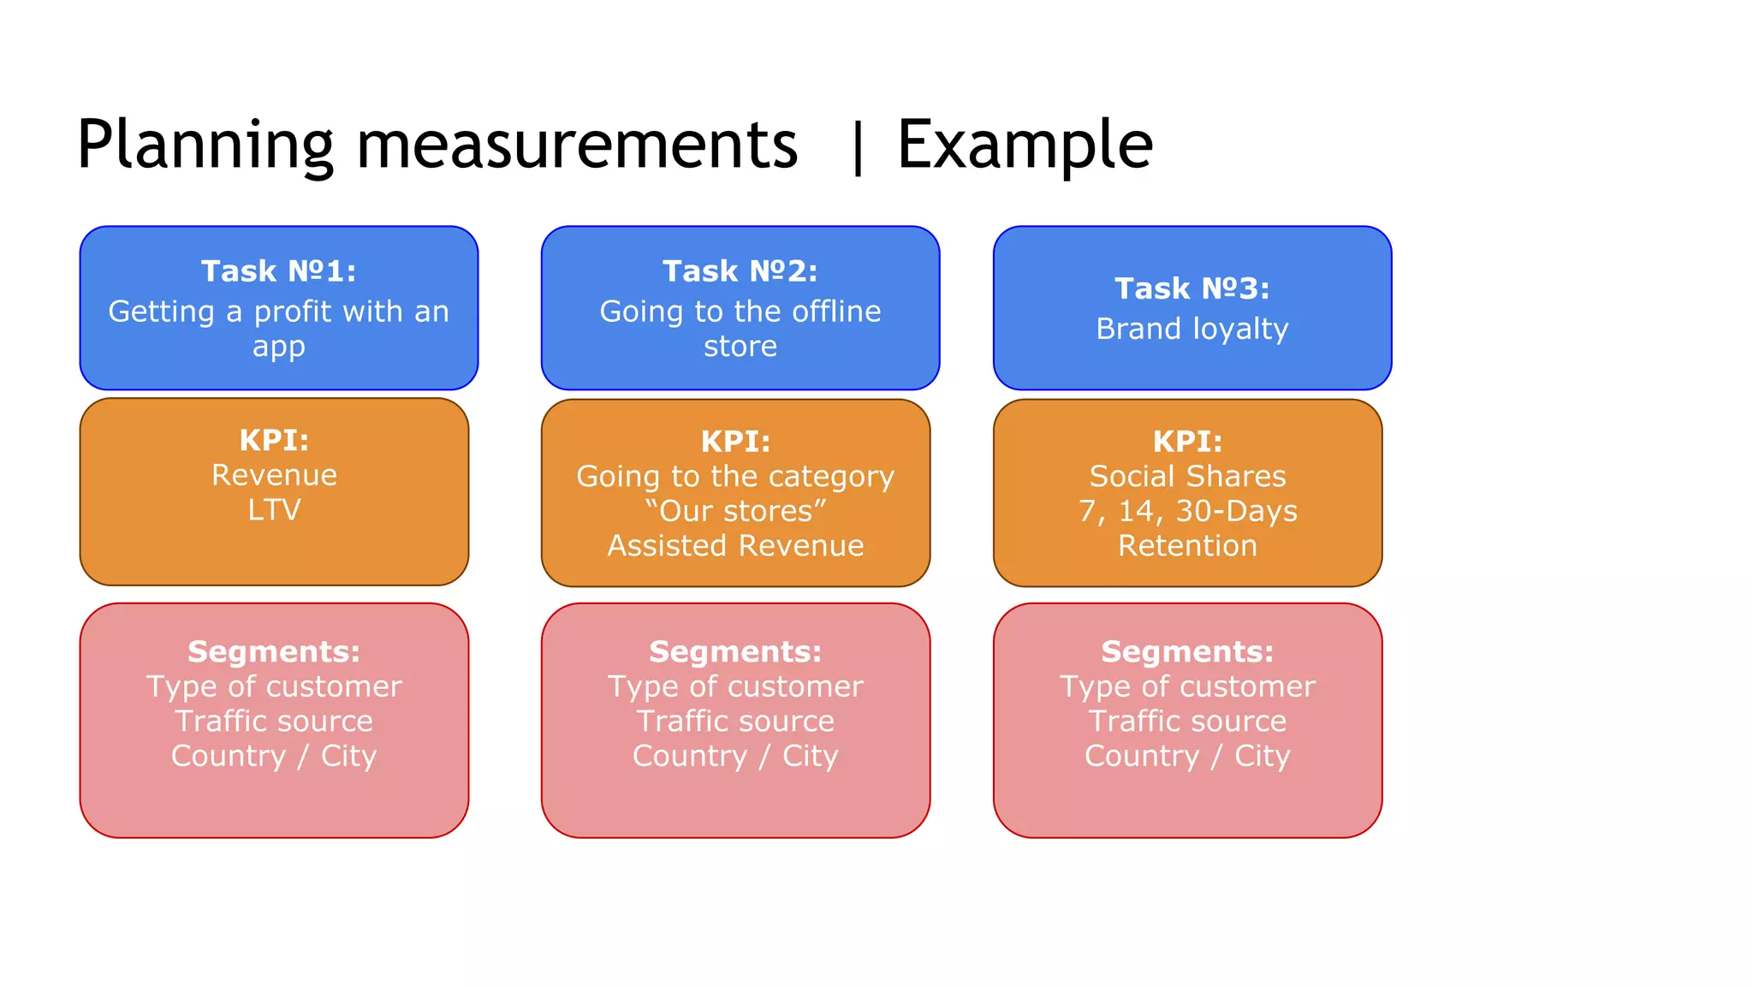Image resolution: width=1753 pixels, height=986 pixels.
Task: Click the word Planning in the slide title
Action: pyautogui.click(x=205, y=146)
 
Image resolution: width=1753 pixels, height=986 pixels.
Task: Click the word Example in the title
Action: pyautogui.click(x=1025, y=146)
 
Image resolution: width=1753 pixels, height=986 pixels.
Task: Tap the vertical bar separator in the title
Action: pyautogui.click(x=858, y=147)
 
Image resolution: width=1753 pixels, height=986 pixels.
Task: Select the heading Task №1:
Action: pyautogui.click(x=278, y=271)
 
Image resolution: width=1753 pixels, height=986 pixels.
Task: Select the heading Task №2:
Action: pyautogui.click(x=740, y=271)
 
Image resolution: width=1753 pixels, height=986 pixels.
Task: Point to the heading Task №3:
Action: pyautogui.click(x=1191, y=288)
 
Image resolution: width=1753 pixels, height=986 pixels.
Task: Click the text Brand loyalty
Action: pyautogui.click(x=1191, y=329)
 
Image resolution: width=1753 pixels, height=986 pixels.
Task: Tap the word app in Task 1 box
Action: pyautogui.click(x=278, y=347)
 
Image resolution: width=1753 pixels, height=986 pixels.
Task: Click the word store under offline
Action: pyautogui.click(x=740, y=347)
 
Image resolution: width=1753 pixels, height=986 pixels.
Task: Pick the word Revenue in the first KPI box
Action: pyautogui.click(x=274, y=475)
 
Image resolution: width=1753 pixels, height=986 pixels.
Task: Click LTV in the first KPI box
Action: pyautogui.click(x=274, y=510)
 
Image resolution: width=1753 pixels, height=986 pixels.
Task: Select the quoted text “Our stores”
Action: pyautogui.click(x=735, y=511)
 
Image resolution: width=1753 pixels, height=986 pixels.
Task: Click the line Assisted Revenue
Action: pyautogui.click(x=735, y=546)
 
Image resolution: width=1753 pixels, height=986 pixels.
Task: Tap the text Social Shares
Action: pyautogui.click(x=1187, y=476)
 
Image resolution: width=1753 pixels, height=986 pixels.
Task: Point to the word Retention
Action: pyautogui.click(x=1187, y=546)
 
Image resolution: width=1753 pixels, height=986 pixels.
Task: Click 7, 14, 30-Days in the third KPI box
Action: pyautogui.click(x=1187, y=511)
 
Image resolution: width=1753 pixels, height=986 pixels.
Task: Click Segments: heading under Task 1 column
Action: pyautogui.click(x=274, y=652)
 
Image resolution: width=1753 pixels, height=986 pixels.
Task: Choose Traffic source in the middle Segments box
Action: pyautogui.click(x=735, y=722)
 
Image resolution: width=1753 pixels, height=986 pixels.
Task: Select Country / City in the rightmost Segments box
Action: pyautogui.click(x=1187, y=757)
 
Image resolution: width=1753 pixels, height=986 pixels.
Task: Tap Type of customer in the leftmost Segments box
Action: pyautogui.click(x=274, y=686)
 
